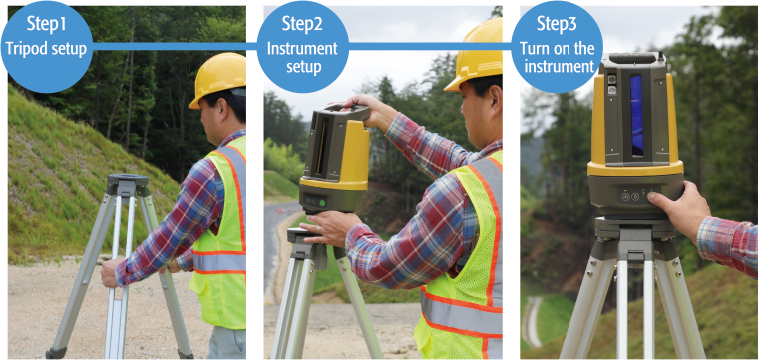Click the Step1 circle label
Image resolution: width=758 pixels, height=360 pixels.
47,47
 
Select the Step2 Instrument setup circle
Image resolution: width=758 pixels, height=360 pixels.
302,47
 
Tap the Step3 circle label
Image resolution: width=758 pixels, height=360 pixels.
557,47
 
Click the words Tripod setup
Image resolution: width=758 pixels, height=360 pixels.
47,49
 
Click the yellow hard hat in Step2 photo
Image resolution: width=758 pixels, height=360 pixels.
476,54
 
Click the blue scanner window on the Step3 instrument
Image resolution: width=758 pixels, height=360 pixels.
636,115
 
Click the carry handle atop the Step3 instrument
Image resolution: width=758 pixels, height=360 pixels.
631,59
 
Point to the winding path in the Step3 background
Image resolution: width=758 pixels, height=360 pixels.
534,320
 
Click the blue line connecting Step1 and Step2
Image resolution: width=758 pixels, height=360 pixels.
175,47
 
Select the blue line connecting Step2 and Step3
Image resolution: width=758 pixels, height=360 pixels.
430,47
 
